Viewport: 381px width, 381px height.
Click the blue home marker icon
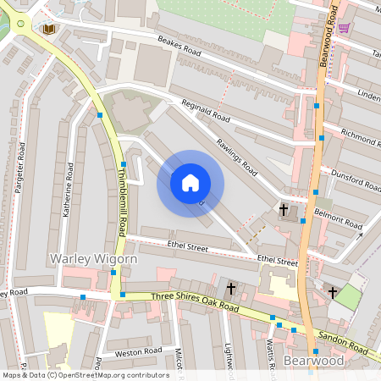pos(190,182)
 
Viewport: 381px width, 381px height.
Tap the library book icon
pos(49,29)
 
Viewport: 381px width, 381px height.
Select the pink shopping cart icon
pos(344,28)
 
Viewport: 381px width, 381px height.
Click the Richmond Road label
pos(361,134)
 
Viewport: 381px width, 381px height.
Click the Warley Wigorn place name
pos(81,258)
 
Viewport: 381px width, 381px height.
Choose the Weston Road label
pos(138,351)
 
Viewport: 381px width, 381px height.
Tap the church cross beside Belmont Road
pos(284,209)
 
